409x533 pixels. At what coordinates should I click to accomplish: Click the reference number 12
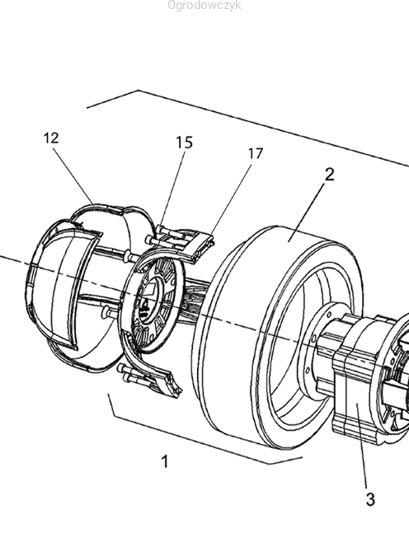(51, 138)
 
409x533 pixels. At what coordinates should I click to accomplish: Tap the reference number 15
(184, 143)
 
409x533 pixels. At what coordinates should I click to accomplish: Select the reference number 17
(255, 154)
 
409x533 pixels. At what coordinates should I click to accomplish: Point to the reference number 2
(329, 175)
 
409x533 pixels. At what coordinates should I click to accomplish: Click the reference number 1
(165, 461)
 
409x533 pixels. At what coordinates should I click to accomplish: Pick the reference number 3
(370, 499)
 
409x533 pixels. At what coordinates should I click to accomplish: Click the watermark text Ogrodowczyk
(204, 6)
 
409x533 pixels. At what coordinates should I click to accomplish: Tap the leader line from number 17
(232, 199)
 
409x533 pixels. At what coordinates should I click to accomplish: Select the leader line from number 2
(305, 212)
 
